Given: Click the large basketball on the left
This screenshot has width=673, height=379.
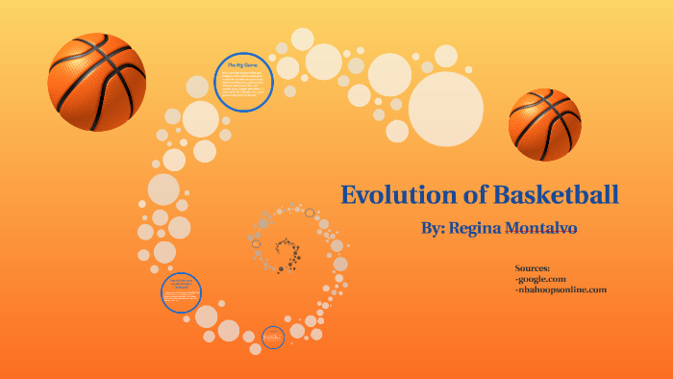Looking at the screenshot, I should pyautogui.click(x=96, y=82).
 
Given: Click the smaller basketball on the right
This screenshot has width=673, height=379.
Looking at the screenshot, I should pyautogui.click(x=544, y=124).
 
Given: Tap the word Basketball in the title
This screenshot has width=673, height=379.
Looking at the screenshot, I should pyautogui.click(x=556, y=194).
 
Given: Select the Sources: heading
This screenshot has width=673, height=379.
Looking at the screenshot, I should pyautogui.click(x=532, y=268).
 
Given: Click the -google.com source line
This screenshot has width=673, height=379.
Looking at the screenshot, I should pyautogui.click(x=540, y=279).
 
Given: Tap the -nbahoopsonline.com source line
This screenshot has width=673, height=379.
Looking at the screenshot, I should pyautogui.click(x=561, y=290).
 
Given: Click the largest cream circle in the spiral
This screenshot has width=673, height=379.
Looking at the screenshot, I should pyautogui.click(x=446, y=101).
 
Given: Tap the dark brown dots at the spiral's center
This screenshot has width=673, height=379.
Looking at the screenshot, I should pyautogui.click(x=287, y=253).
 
